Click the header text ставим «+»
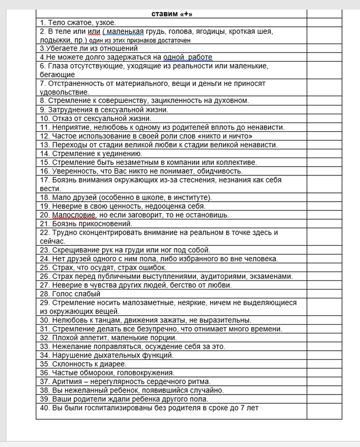(x=172, y=14)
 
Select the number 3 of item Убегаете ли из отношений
(x=41, y=48)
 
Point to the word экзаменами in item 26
(x=273, y=276)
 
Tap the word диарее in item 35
(x=112, y=364)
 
